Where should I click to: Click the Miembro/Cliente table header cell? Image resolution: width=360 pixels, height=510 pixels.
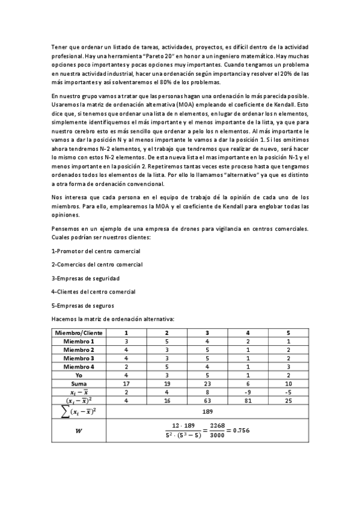tap(79, 333)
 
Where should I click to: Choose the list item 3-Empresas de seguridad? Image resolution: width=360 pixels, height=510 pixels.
tap(85, 278)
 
